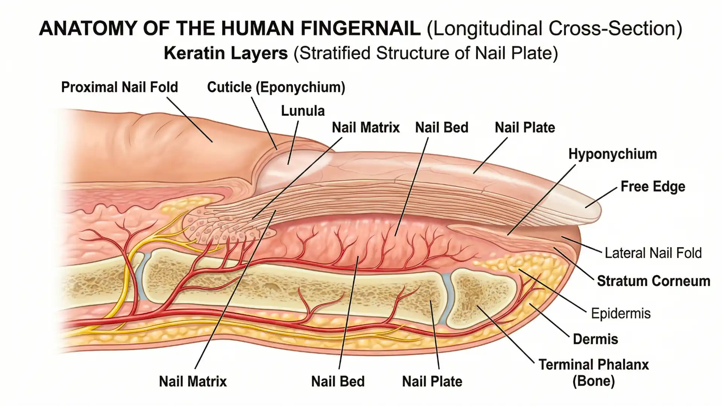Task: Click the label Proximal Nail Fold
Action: tap(119, 87)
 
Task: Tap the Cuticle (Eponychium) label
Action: tap(276, 87)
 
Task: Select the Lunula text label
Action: tap(303, 111)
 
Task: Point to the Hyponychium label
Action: tap(613, 154)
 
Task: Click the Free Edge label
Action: tap(653, 186)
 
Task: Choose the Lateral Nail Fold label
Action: tap(653, 253)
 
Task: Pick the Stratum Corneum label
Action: tap(654, 281)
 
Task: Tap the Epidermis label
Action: tap(620, 313)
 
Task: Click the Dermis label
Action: tap(595, 339)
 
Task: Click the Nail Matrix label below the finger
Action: tap(193, 382)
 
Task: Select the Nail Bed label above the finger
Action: tap(441, 128)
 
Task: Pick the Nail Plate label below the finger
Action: tap(432, 382)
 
